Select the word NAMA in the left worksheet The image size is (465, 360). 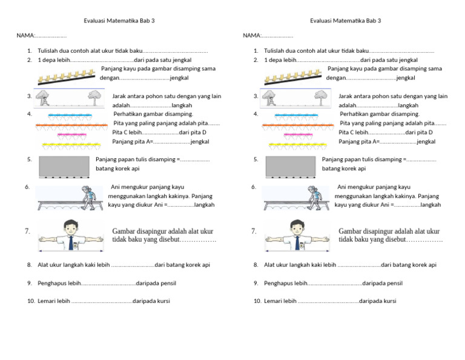pos(25,36)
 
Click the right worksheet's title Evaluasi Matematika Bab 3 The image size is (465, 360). pos(345,21)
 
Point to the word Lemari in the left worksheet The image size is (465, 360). pos(47,301)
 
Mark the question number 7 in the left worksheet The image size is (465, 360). pos(28,232)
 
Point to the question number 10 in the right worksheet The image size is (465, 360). pos(257,301)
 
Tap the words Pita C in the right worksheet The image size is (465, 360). pos(348,132)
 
